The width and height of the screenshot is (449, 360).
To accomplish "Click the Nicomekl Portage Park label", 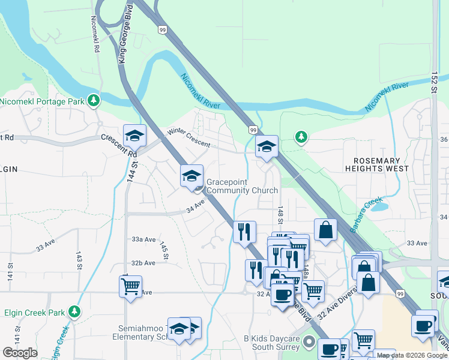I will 42,101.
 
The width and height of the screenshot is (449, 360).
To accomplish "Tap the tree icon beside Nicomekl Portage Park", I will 93,100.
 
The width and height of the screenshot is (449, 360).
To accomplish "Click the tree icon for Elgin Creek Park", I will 74,311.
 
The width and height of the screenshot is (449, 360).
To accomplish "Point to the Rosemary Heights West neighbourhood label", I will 381,164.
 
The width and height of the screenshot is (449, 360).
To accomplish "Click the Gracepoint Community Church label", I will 242,186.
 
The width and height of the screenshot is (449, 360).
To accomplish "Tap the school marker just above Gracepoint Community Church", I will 191,175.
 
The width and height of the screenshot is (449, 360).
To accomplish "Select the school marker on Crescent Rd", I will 134,136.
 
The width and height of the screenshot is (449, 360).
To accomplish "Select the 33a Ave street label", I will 143,238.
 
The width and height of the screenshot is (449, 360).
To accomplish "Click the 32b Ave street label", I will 143,263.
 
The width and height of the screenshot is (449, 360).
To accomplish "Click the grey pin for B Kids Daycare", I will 309,343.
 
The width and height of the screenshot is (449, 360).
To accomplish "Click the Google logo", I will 20,353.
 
